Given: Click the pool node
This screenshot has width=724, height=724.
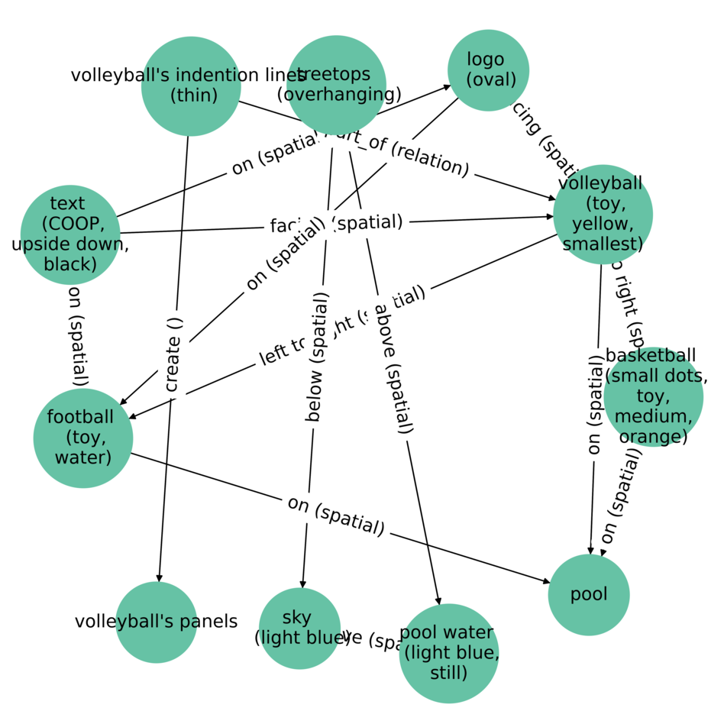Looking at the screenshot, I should pos(588,594).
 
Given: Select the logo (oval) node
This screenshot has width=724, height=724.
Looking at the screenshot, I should pos(488,70).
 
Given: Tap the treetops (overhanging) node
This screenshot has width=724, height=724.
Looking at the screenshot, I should pos(336,85).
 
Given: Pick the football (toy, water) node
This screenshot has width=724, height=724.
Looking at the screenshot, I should pos(83,438).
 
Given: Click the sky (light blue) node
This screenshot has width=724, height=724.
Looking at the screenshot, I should pos(299,628).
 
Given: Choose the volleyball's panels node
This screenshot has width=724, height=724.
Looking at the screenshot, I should pos(157,622).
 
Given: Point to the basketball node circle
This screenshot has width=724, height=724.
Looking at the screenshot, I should pos(652,396).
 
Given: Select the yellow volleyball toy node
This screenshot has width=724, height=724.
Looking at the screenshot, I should pos(603,214).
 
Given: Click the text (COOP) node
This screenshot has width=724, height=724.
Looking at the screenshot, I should pos(70,234).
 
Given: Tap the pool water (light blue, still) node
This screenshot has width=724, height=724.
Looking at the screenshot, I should pos(448,653).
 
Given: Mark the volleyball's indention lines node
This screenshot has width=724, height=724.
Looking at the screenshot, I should pos(191,86).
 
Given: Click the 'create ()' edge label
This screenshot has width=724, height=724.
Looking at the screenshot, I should pos(173,354).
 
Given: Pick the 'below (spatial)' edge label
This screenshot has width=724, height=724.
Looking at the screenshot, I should pos(317,357).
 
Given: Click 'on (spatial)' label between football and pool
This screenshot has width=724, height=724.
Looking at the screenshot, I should pos(335,515).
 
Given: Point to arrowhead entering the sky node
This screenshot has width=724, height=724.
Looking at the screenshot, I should pos(303,583).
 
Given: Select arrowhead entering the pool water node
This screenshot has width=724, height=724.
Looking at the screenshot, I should pos(438,601).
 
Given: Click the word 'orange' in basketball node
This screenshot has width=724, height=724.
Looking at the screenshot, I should pos(653,437).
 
